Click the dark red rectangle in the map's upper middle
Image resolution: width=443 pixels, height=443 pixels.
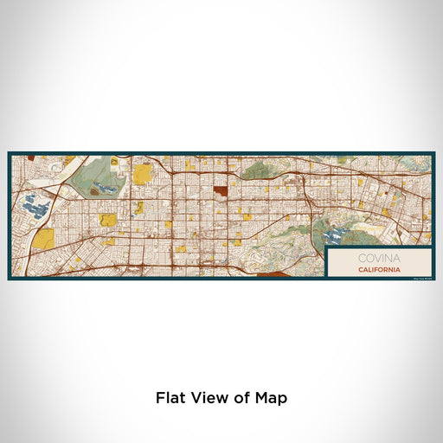pos(221,191)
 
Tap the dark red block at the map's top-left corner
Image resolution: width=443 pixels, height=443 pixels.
pos(31,157)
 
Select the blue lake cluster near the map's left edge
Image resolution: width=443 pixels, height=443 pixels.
pos(35,207)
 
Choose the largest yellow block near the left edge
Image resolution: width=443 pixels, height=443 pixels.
pos(42,239)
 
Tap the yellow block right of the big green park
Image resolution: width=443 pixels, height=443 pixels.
pos(142,176)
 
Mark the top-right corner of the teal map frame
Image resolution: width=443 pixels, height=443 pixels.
pos(433,153)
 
